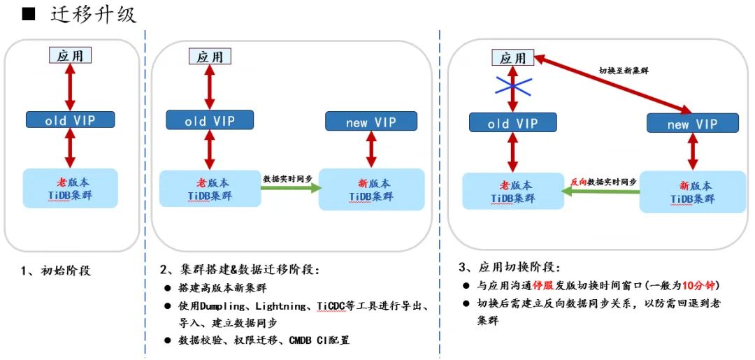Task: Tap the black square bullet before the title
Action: [29, 15]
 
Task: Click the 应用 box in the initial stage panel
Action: [70, 54]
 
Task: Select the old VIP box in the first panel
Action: [70, 120]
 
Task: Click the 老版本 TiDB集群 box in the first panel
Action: [70, 188]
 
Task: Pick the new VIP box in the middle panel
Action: [371, 122]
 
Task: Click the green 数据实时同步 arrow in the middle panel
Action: [289, 187]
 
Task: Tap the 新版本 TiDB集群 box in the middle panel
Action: [371, 189]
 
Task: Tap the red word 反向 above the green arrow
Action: [579, 181]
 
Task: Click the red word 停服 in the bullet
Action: [543, 286]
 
